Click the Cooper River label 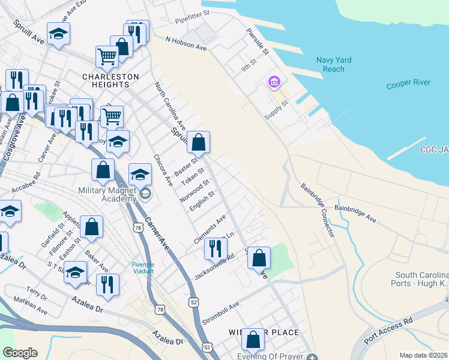click(408, 83)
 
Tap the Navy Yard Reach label click(334, 64)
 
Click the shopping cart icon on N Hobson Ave click(107, 57)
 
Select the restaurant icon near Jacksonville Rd click(215, 248)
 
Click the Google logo click(20, 353)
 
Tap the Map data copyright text click(423, 355)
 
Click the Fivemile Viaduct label click(143, 268)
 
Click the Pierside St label click(257, 43)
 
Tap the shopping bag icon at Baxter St click(199, 142)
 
